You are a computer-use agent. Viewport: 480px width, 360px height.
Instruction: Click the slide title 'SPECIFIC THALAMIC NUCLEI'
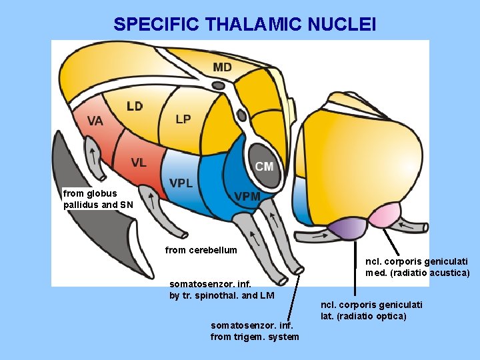pyautogui.click(x=245, y=25)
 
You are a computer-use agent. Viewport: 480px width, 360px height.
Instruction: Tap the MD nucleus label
pyautogui.click(x=223, y=67)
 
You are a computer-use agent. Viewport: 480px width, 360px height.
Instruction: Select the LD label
pyautogui.click(x=135, y=106)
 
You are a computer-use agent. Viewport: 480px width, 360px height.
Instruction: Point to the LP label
pyautogui.click(x=183, y=119)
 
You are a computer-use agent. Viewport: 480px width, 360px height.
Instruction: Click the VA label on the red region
pyautogui.click(x=95, y=121)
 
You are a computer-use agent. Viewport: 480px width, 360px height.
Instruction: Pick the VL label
pyautogui.click(x=139, y=163)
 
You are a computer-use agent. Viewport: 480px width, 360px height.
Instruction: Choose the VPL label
pyautogui.click(x=181, y=183)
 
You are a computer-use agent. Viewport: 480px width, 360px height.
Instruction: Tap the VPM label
pyautogui.click(x=247, y=196)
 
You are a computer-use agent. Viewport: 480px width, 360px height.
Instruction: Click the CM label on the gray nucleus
pyautogui.click(x=264, y=167)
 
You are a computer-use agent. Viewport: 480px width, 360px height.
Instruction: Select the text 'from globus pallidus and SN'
pyautogui.click(x=98, y=199)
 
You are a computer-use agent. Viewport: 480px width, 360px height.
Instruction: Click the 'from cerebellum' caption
pyautogui.click(x=201, y=250)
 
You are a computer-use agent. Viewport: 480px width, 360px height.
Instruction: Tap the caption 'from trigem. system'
pyautogui.click(x=255, y=331)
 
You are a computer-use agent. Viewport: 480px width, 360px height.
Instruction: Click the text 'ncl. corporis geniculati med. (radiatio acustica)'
pyautogui.click(x=417, y=267)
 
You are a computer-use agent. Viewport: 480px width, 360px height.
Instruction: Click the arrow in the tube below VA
pyautogui.click(x=94, y=156)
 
